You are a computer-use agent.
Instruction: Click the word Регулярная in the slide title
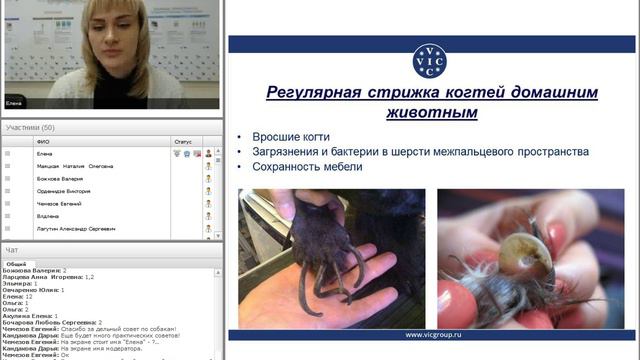click(x=310, y=93)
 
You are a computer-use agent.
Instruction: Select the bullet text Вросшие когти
click(x=291, y=137)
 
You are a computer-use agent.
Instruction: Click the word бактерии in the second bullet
click(x=370, y=152)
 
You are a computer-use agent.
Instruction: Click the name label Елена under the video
click(x=14, y=102)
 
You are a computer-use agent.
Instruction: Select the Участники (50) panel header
click(x=30, y=128)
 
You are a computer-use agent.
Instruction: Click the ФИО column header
click(x=43, y=142)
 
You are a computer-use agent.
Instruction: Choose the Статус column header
click(x=182, y=142)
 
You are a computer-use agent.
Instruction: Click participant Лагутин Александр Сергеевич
click(x=76, y=229)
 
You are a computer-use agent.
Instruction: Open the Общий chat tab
click(x=16, y=263)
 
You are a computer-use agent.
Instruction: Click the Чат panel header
click(x=11, y=250)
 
